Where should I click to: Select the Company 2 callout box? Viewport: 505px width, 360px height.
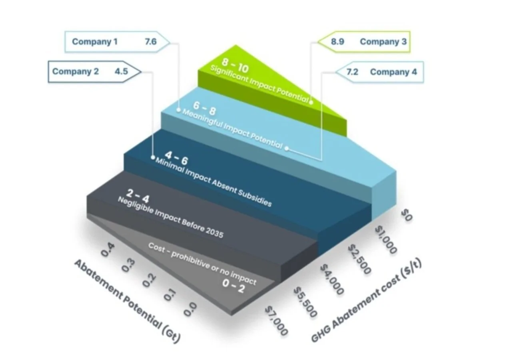coord(94,72)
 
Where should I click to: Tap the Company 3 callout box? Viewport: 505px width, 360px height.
coord(364,42)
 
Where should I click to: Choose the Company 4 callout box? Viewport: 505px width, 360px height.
coord(379,72)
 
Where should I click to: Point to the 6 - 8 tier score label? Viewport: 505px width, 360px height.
coord(204,107)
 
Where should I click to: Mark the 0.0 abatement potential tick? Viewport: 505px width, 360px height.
coord(190,308)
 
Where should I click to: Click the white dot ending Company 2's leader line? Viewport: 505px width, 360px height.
coord(153,158)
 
